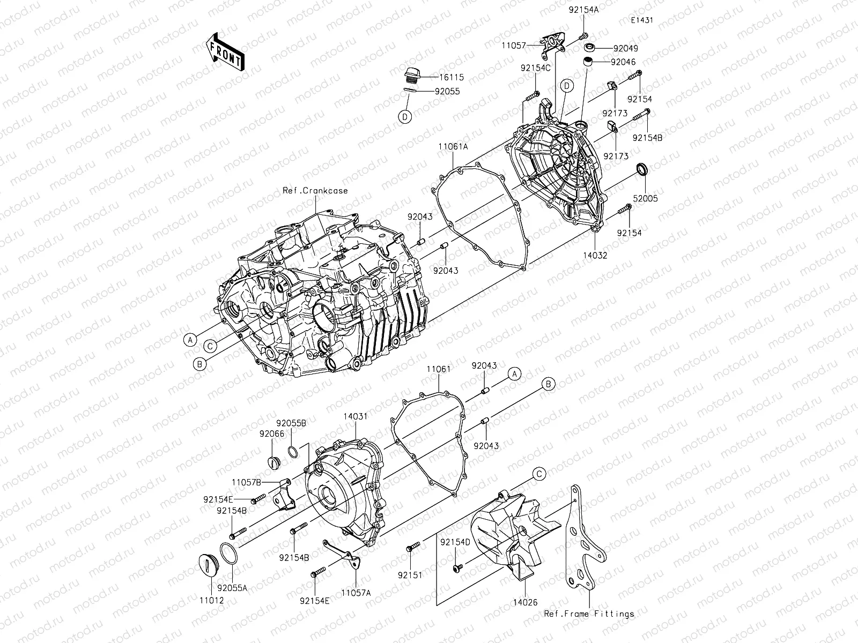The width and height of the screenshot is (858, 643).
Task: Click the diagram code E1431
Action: coord(642,20)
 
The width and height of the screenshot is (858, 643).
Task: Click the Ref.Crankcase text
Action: coord(315,190)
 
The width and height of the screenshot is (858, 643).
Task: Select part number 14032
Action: coord(596,256)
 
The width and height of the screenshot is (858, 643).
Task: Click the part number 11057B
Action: coord(246,482)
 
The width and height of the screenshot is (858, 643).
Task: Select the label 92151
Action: coord(410,575)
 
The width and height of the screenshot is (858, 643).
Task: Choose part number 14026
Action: coord(526,602)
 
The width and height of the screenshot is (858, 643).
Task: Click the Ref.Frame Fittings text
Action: coord(589,614)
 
